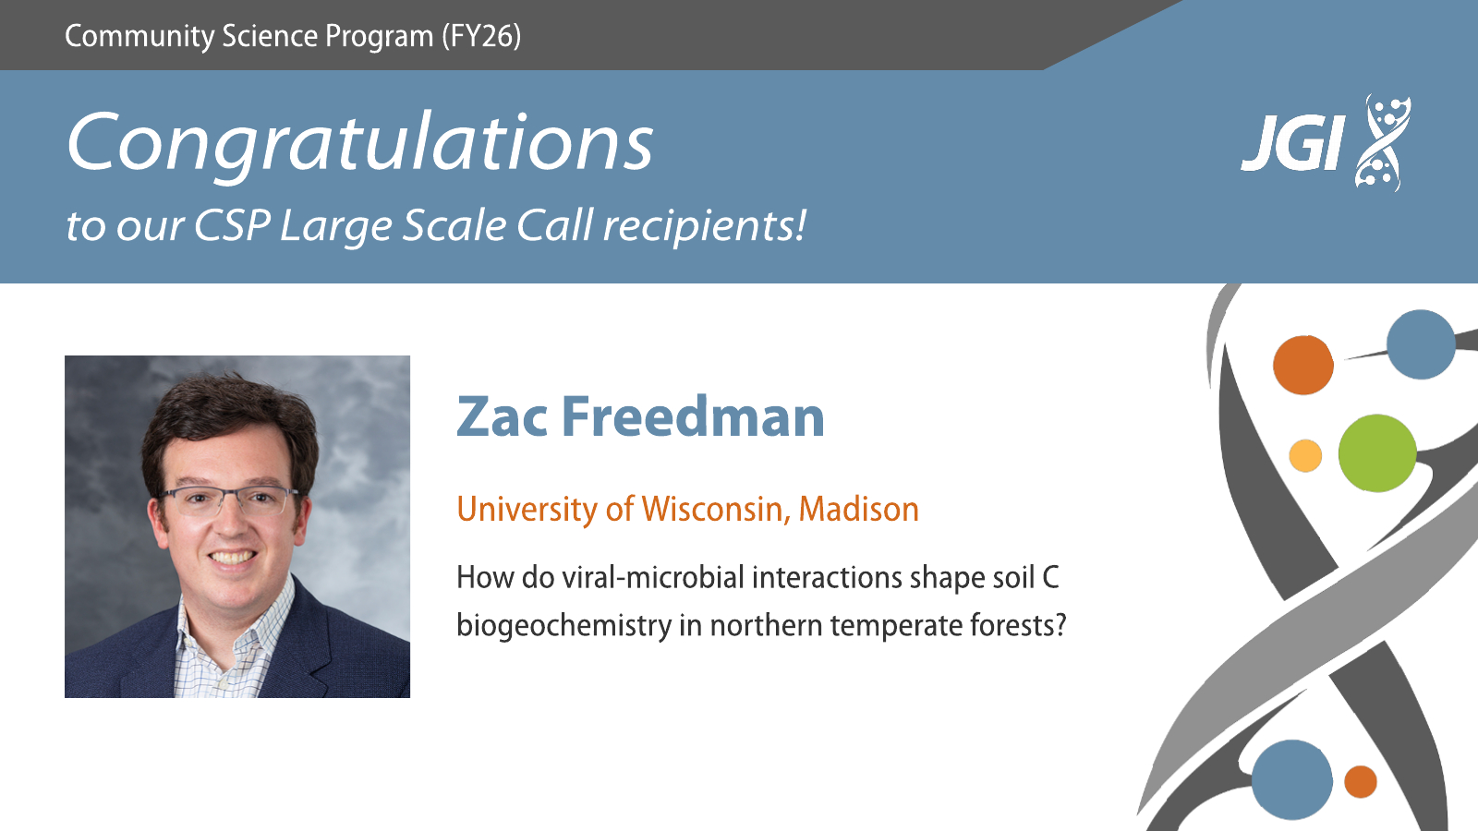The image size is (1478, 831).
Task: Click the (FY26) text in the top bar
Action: [481, 36]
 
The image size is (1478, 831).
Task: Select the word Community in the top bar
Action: [139, 37]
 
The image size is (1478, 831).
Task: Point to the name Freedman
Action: [694, 416]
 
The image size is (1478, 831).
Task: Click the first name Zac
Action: [503, 416]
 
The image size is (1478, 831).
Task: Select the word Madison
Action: [858, 509]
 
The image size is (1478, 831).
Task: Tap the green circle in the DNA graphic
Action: [1377, 453]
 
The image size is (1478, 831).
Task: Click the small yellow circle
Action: [1305, 456]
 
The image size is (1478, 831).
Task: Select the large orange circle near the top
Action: [1303, 365]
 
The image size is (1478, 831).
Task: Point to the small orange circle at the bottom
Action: [1361, 781]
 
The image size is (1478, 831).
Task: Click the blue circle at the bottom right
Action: [1292, 780]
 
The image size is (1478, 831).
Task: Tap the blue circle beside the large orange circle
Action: [1421, 344]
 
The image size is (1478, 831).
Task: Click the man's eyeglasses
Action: [226, 500]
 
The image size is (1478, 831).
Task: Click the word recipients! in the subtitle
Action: [705, 226]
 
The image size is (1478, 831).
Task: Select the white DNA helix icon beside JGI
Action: [1382, 142]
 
